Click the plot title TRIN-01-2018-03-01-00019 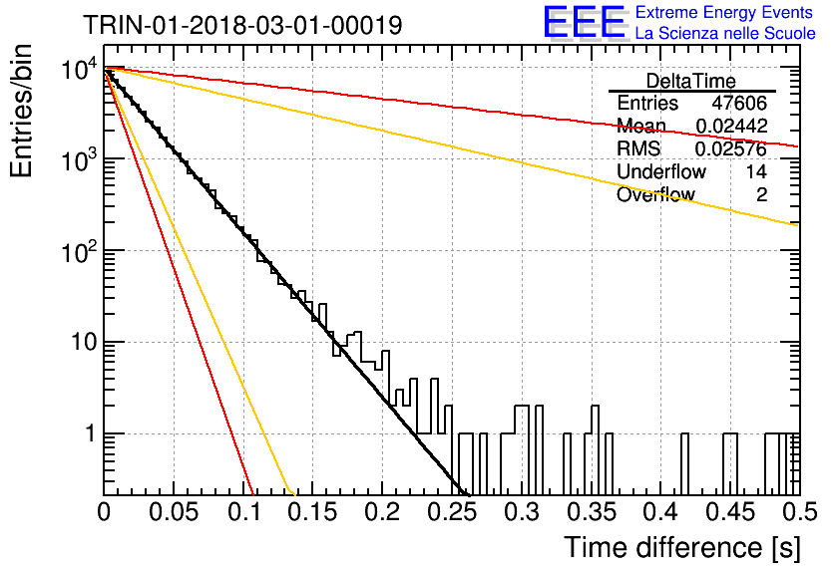click(x=242, y=25)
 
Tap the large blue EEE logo click(x=584, y=22)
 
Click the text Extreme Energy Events click(x=724, y=12)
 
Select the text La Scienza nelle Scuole click(x=725, y=33)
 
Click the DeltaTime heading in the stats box click(x=691, y=81)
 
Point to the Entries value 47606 click(x=739, y=103)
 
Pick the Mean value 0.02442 click(x=731, y=126)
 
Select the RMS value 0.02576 click(x=731, y=148)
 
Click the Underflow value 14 click(x=756, y=171)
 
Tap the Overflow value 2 click(x=761, y=194)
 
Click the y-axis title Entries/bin click(x=21, y=112)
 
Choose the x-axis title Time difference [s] click(x=682, y=547)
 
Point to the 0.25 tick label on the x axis click(x=453, y=512)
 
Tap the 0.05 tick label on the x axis click(x=174, y=512)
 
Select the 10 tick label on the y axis click(x=84, y=342)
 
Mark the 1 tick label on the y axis click(x=91, y=433)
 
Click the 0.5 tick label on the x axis click(x=799, y=512)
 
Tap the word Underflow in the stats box click(x=661, y=171)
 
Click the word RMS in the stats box click(x=638, y=148)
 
